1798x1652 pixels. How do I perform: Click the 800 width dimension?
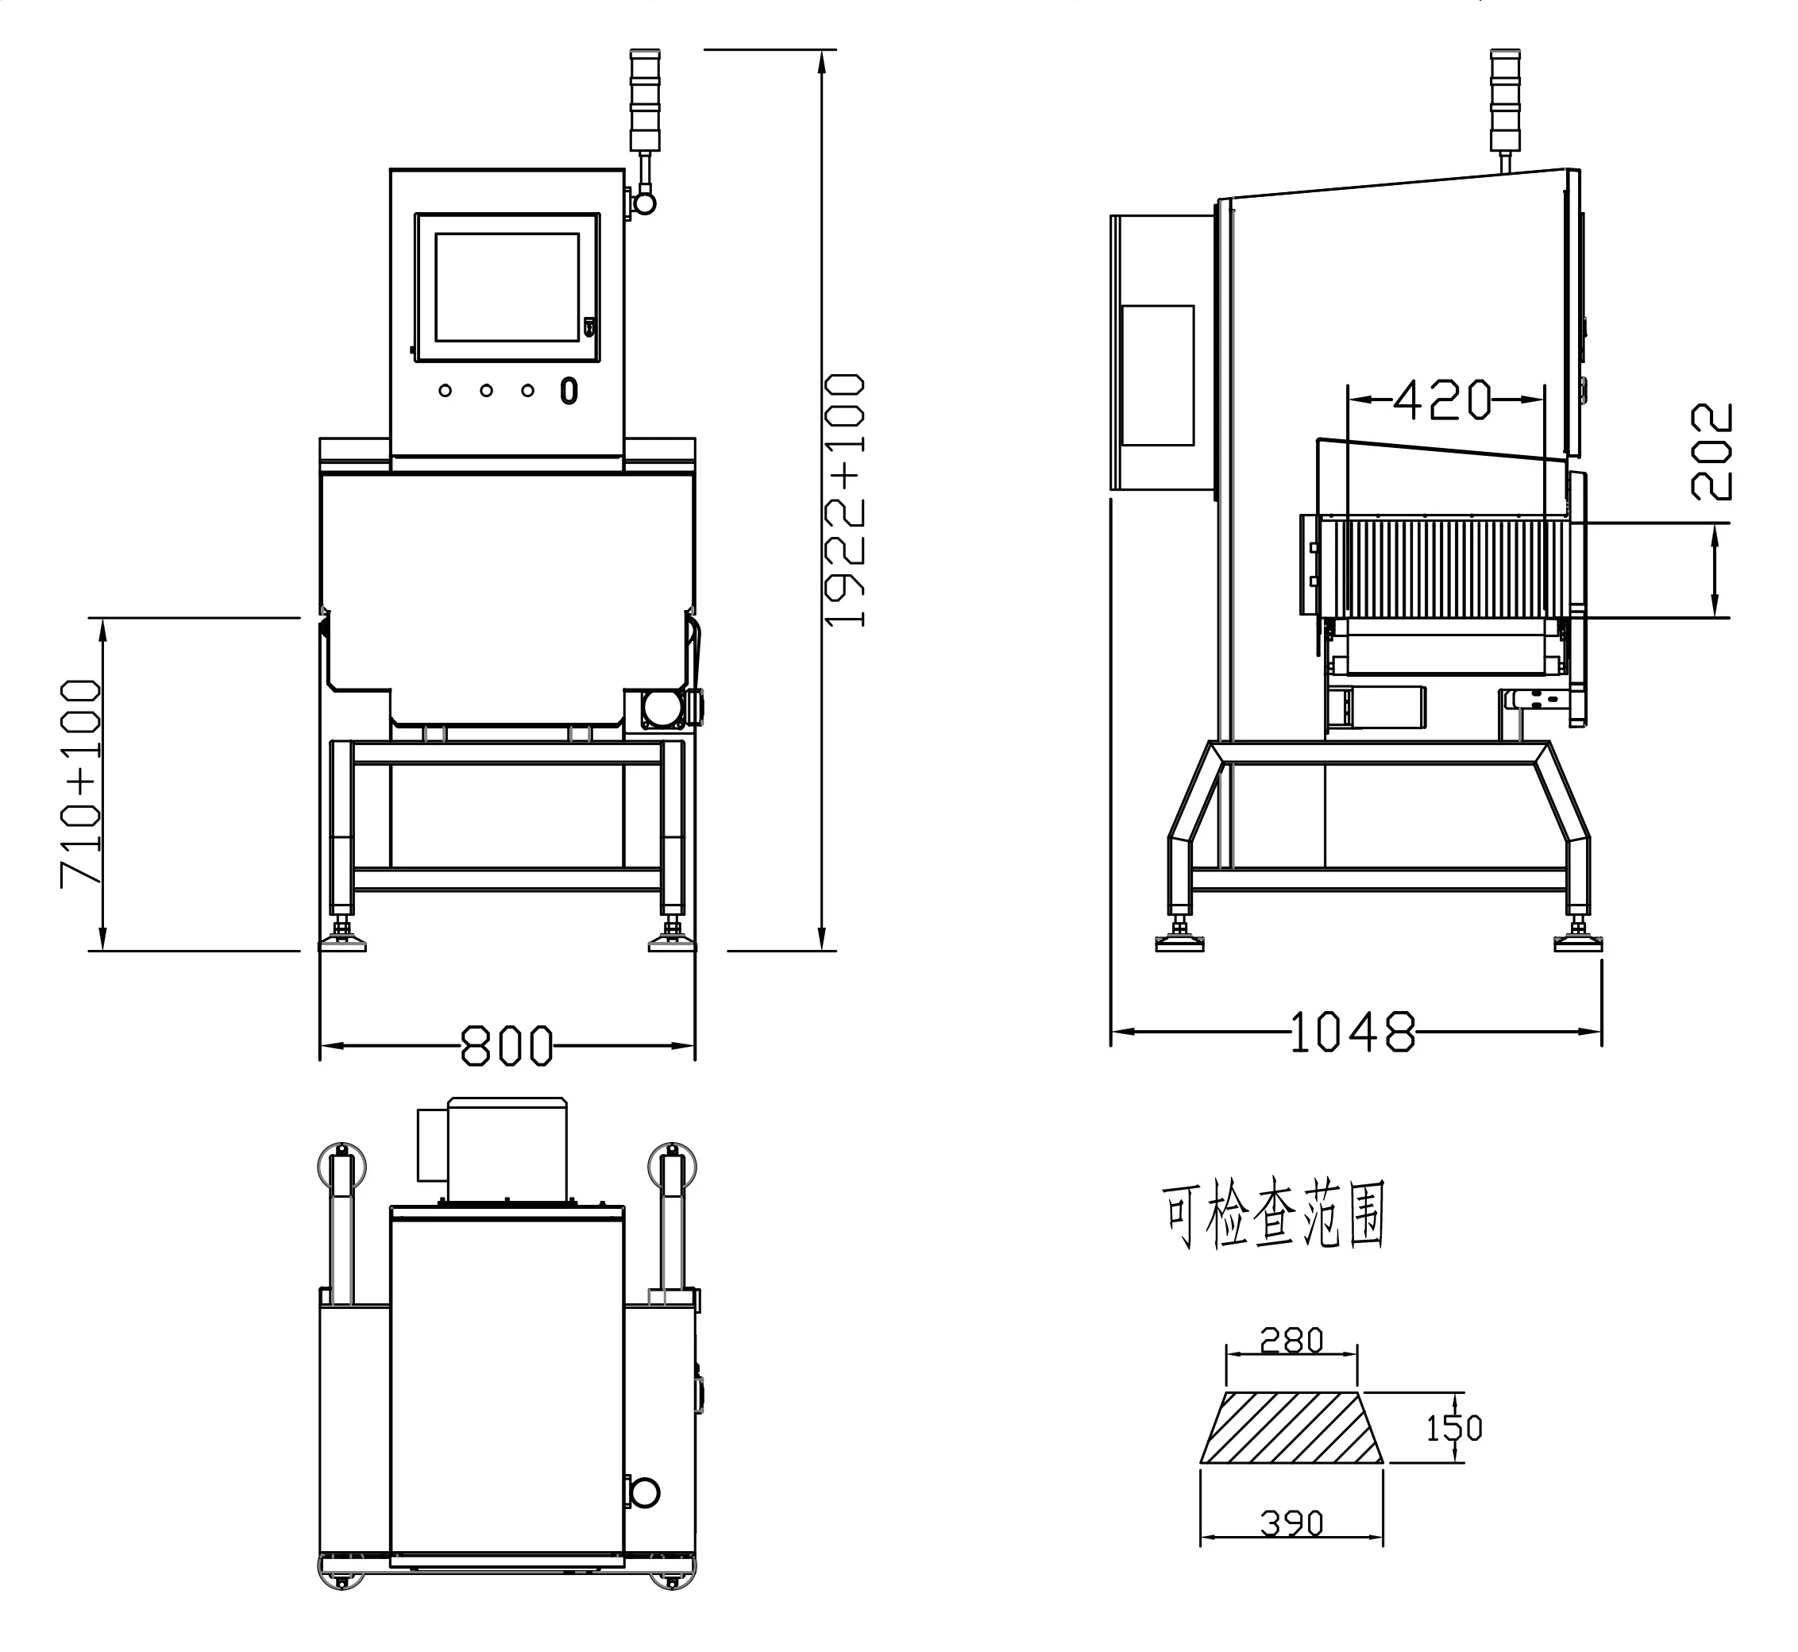(507, 1045)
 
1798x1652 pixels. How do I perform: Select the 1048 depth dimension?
(1353, 1032)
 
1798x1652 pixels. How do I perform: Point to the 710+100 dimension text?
(80, 783)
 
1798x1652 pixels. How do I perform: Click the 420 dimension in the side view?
(1443, 399)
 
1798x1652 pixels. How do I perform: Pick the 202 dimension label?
(1711, 450)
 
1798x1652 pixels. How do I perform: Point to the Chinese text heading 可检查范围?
(1272, 1216)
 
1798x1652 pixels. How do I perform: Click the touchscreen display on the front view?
(507, 287)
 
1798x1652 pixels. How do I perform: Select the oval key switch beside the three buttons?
(569, 391)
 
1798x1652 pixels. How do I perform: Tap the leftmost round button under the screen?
(445, 391)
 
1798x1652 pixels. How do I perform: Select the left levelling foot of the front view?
(342, 938)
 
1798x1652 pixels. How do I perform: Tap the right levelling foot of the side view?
(1577, 938)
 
